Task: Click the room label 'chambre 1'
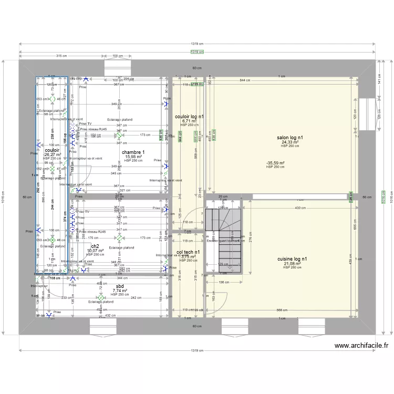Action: pyautogui.click(x=133, y=152)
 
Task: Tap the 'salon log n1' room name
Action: pyautogui.click(x=289, y=138)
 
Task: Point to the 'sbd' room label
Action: pyautogui.click(x=120, y=285)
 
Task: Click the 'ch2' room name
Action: pyautogui.click(x=95, y=246)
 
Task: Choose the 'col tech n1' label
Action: pyautogui.click(x=188, y=252)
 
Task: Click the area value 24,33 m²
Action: pyautogui.click(x=289, y=142)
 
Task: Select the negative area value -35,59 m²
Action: pyautogui.click(x=275, y=163)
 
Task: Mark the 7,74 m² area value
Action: pyautogui.click(x=120, y=290)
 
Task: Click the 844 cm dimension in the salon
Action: pyautogui.click(x=244, y=80)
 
